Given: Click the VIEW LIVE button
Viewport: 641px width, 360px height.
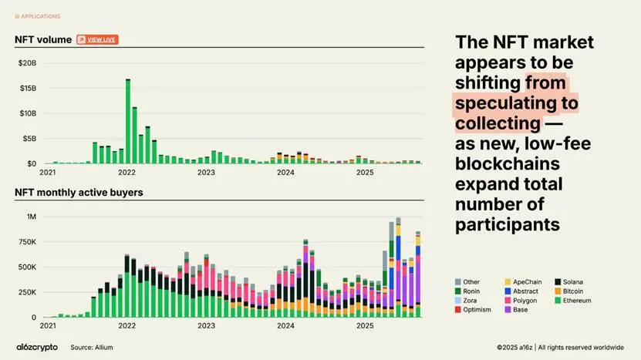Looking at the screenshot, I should click(x=97, y=39).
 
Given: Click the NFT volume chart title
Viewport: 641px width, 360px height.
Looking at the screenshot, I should click(x=43, y=39).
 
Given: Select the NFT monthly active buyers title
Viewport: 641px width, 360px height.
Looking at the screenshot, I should click(x=79, y=192).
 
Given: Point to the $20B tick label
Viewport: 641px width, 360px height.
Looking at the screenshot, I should click(x=27, y=62).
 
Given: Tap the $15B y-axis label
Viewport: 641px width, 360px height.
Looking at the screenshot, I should click(x=27, y=88).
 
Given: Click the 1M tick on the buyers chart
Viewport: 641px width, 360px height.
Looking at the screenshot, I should click(x=32, y=217).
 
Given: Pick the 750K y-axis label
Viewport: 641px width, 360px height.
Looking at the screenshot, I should click(x=27, y=242).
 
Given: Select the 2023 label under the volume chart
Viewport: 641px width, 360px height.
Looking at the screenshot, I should click(x=206, y=173).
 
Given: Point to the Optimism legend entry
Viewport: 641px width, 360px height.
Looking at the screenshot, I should click(x=477, y=309).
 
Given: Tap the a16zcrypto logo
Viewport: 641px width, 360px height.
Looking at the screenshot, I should click(x=37, y=347).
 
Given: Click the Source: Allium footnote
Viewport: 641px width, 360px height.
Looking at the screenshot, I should click(x=93, y=347).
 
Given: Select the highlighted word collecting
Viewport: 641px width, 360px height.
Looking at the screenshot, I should click(x=498, y=123).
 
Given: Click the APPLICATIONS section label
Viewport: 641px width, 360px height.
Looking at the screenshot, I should click(x=40, y=16).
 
